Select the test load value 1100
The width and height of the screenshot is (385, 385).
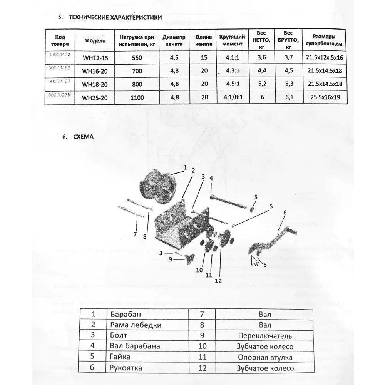click(x=137, y=98)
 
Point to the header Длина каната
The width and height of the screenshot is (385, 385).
click(x=204, y=40)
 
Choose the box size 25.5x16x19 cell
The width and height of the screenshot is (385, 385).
click(x=325, y=97)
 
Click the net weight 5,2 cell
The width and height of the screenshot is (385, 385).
click(x=262, y=84)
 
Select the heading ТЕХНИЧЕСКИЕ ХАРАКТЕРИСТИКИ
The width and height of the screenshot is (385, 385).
click(x=115, y=18)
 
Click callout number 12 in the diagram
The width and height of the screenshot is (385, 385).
click(x=218, y=280)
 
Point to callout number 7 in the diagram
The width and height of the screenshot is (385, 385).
click(x=135, y=234)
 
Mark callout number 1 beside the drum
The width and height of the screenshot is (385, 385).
click(x=185, y=167)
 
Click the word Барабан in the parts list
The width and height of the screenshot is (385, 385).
click(x=123, y=315)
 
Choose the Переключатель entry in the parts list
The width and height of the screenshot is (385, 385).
click(x=265, y=336)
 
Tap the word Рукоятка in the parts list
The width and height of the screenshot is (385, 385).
click(x=126, y=368)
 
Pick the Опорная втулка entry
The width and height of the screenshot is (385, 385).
click(x=265, y=357)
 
